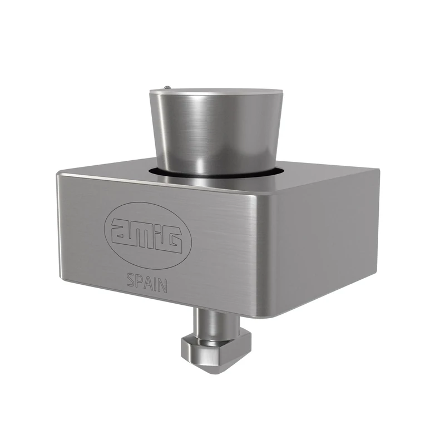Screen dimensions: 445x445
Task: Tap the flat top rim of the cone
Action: click(x=217, y=91)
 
